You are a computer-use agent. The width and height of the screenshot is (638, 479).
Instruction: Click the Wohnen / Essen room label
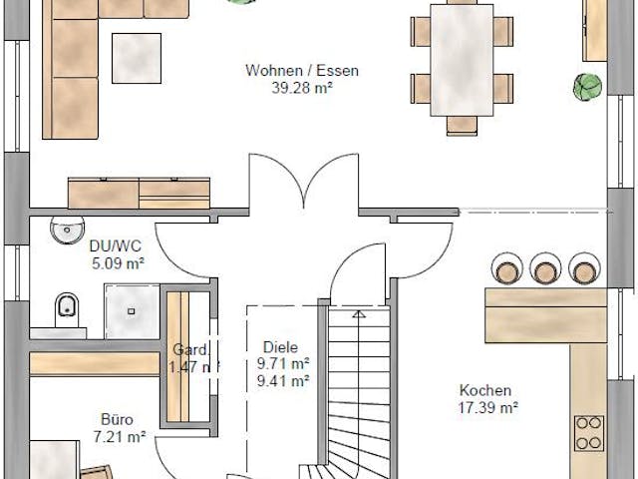[x=302, y=71]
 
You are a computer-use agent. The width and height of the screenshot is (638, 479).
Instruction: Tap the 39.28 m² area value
[x=302, y=88]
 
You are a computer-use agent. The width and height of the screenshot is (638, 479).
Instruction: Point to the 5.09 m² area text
[x=118, y=264]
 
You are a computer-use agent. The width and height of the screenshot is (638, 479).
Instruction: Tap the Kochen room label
[x=485, y=390]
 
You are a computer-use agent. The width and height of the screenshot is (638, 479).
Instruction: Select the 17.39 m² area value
[x=488, y=407]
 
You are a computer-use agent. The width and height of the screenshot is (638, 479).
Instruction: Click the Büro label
[x=117, y=420]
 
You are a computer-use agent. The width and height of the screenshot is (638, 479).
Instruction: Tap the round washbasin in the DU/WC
[x=69, y=232]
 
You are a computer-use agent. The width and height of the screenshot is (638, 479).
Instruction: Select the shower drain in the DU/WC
[x=130, y=310]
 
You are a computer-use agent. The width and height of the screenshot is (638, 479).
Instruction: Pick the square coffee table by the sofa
[x=136, y=57]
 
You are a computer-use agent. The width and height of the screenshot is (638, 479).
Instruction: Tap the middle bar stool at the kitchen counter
[x=544, y=269]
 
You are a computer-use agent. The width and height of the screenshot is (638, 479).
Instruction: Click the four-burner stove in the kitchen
[x=588, y=431]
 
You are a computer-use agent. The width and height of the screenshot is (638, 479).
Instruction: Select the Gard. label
[x=188, y=350]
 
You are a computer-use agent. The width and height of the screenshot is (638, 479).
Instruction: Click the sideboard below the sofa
[x=139, y=192]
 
